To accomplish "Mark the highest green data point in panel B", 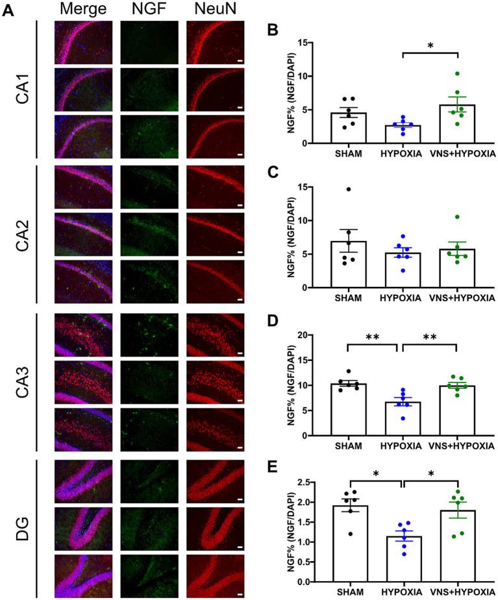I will click(457, 73).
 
